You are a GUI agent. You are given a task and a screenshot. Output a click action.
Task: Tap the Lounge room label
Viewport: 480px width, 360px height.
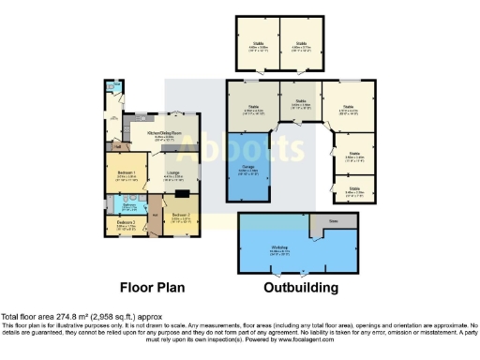point(174,173)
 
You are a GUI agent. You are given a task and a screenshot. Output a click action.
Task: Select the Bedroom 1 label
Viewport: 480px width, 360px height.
point(127,173)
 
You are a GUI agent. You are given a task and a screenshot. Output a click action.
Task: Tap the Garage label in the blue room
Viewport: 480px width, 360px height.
point(247,170)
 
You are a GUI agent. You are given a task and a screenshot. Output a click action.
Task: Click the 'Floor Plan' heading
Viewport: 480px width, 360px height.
point(152,289)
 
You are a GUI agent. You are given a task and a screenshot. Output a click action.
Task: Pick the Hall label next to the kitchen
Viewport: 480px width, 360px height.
point(117,145)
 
